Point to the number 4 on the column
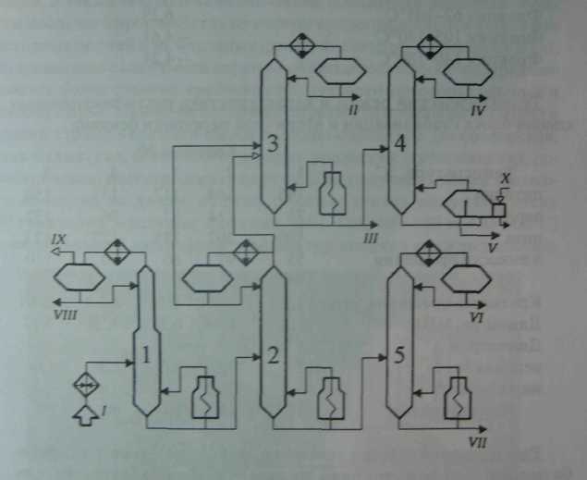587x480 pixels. pyautogui.click(x=398, y=145)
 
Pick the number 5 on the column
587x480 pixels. pyautogui.click(x=398, y=357)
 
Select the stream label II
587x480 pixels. pyautogui.click(x=352, y=110)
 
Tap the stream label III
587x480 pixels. pyautogui.click(x=372, y=239)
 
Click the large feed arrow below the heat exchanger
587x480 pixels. pyautogui.click(x=85, y=414)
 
